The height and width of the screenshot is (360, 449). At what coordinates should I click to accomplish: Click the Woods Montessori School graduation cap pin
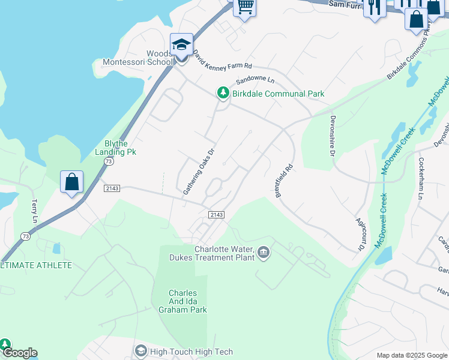tap(181, 44)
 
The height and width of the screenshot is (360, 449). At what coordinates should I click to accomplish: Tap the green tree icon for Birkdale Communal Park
tap(223, 93)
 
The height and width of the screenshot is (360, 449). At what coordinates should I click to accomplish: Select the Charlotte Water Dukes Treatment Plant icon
tap(264, 253)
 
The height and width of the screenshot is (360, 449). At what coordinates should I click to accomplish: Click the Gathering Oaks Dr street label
tap(199, 172)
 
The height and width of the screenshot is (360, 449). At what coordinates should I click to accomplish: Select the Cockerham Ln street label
tap(421, 179)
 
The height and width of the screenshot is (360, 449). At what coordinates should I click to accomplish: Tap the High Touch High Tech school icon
tap(140, 350)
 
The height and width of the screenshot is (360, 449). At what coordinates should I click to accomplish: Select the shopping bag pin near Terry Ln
tap(71, 181)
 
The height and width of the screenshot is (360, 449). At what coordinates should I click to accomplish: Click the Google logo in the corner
tap(19, 353)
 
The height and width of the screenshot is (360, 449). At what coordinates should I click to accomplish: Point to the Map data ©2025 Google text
tap(411, 355)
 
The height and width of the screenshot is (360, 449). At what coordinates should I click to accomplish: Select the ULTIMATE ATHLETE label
tap(36, 265)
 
